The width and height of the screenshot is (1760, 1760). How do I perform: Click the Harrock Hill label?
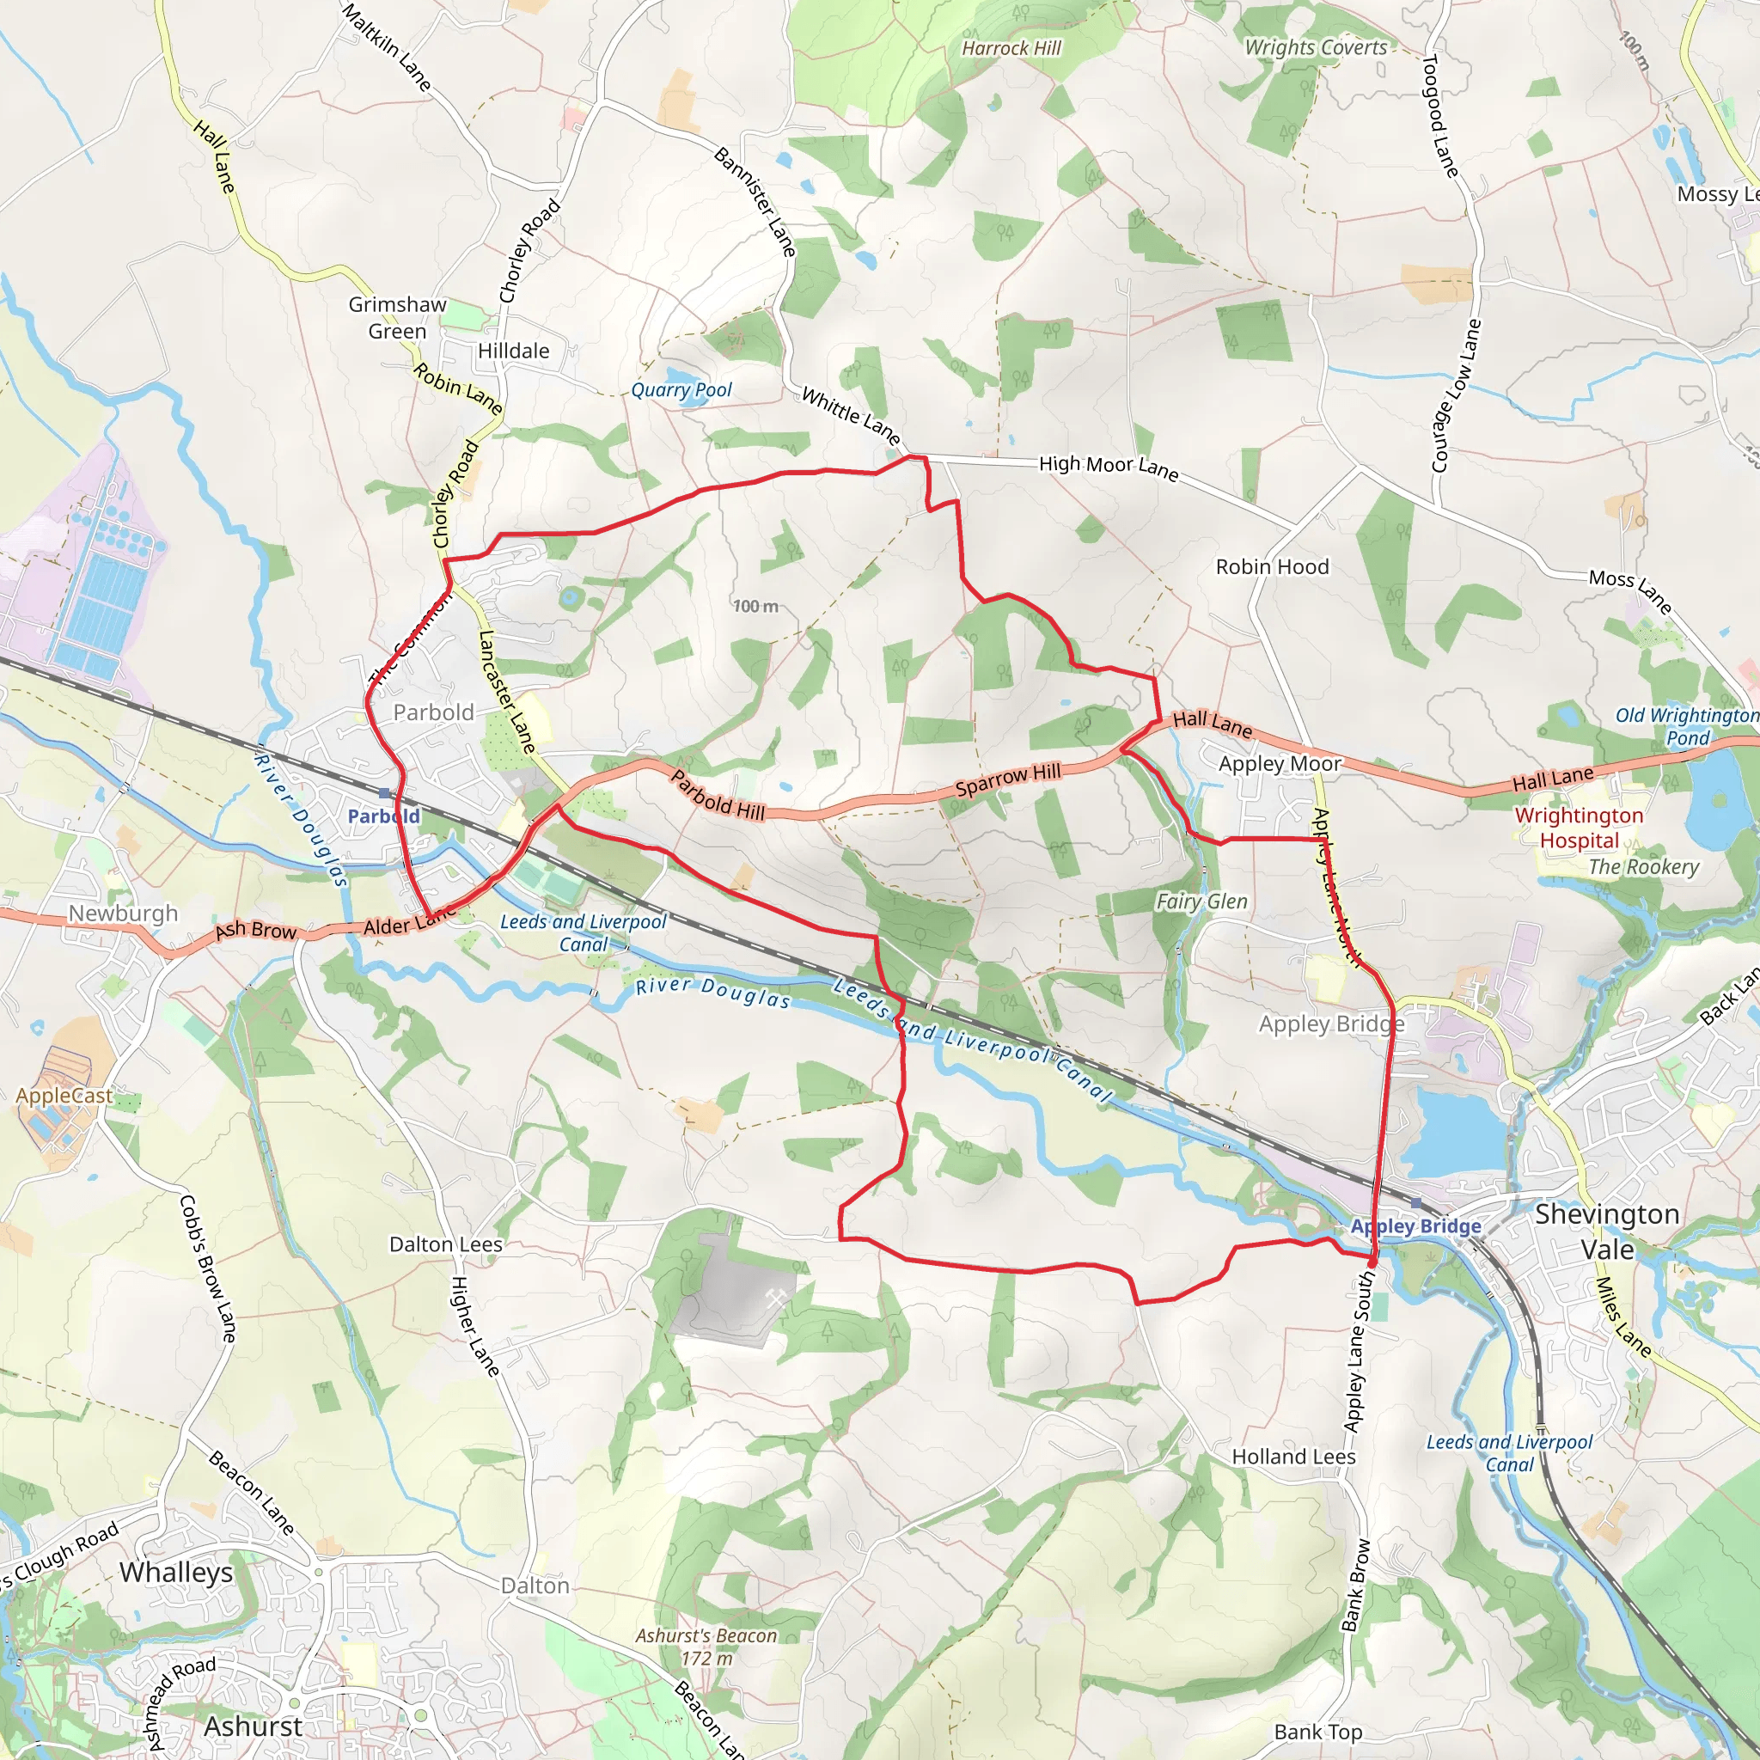click(x=1011, y=48)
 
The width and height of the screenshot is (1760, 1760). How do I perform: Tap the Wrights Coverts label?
click(x=1316, y=48)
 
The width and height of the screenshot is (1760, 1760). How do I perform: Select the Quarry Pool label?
click(x=681, y=391)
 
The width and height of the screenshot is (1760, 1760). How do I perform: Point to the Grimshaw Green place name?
click(x=397, y=318)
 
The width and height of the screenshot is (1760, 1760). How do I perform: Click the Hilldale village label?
click(x=514, y=351)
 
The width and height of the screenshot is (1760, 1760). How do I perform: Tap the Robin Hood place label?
click(x=1272, y=566)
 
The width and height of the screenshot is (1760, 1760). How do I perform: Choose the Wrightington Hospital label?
click(x=1579, y=828)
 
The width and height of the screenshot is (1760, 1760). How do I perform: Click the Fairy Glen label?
click(x=1201, y=901)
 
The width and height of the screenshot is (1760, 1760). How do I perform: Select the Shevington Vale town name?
click(x=1607, y=1231)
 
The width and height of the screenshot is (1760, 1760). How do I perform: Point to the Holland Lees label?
click(x=1293, y=1457)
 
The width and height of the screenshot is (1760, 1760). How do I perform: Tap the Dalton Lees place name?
click(x=445, y=1244)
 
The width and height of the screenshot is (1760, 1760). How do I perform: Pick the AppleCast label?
click(x=64, y=1096)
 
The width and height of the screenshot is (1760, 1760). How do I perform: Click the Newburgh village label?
click(x=123, y=914)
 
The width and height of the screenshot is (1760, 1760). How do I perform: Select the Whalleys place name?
click(x=176, y=1573)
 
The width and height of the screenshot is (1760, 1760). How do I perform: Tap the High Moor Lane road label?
click(x=1109, y=468)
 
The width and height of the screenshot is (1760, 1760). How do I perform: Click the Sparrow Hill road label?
click(x=1007, y=779)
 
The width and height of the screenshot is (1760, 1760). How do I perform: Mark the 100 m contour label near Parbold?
click(x=755, y=607)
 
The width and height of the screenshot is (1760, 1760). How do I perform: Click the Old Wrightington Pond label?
click(x=1687, y=727)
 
